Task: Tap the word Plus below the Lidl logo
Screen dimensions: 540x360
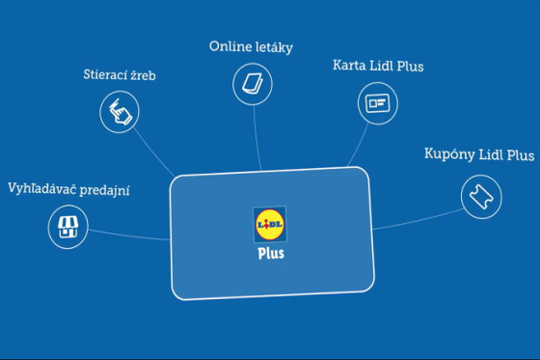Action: [x=271, y=255]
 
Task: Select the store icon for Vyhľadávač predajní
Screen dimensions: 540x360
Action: [x=67, y=228]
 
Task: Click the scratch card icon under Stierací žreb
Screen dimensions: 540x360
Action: [x=121, y=112]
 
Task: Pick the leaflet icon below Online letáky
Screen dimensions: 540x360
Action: [x=252, y=84]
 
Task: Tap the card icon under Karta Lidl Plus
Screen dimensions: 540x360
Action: [x=376, y=101]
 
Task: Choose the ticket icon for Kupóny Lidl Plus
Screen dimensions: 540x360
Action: [x=480, y=195]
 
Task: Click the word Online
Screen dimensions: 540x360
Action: [x=229, y=46]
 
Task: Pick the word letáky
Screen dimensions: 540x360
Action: [x=275, y=46]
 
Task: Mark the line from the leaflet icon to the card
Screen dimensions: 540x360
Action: [x=256, y=135]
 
